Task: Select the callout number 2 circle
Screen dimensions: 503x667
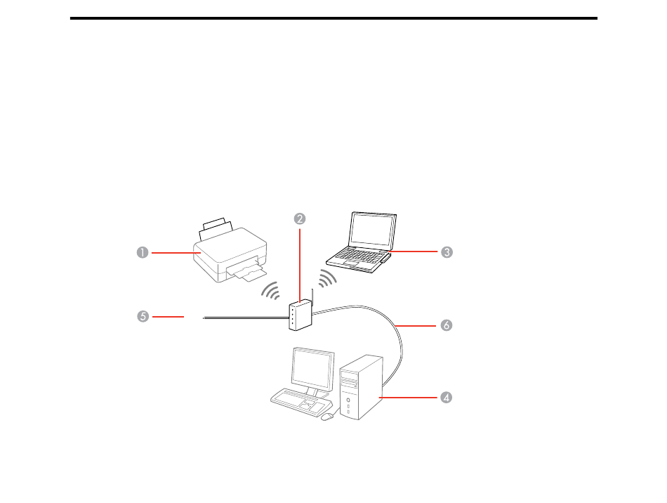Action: (x=300, y=218)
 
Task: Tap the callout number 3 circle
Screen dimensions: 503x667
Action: (x=446, y=251)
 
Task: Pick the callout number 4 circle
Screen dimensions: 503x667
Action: (x=446, y=398)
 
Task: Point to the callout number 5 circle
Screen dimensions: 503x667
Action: (x=143, y=317)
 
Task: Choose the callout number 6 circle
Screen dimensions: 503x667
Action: (x=446, y=325)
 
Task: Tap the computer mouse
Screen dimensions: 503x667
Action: (x=326, y=417)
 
